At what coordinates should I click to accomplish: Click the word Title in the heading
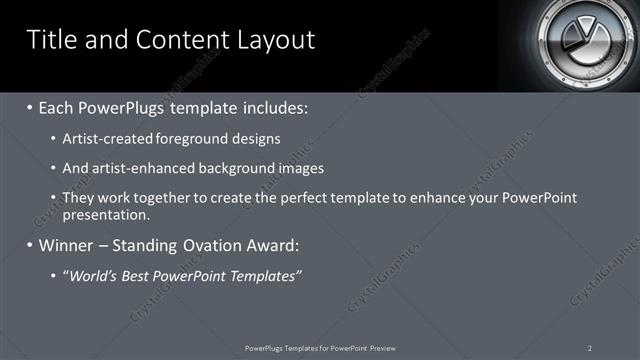[x=51, y=39]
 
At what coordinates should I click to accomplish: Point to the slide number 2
[x=590, y=348]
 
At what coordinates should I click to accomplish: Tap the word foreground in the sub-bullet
[x=183, y=139]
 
